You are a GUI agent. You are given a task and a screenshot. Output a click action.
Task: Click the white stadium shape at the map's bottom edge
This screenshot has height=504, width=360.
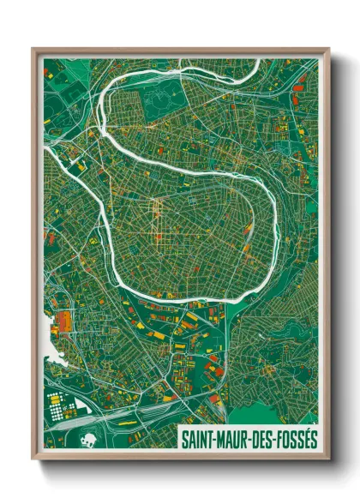click(x=87, y=441)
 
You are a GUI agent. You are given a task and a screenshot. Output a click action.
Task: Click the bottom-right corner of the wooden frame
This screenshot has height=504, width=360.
click(x=327, y=459)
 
